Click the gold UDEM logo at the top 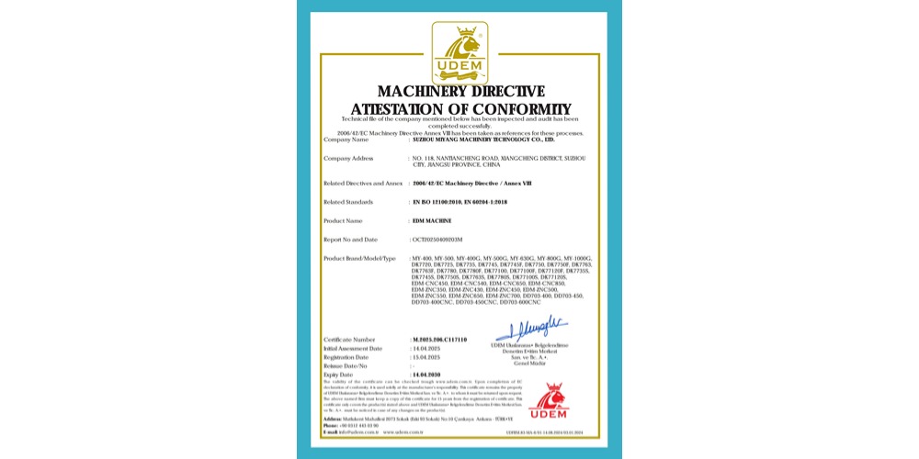pyautogui.click(x=459, y=52)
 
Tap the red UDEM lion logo pyautogui.click(x=549, y=402)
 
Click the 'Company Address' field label pyautogui.click(x=348, y=159)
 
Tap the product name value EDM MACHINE pyautogui.click(x=432, y=221)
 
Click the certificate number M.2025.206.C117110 pyautogui.click(x=440, y=340)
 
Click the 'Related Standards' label pyautogui.click(x=348, y=201)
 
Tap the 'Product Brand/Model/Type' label pyautogui.click(x=360, y=259)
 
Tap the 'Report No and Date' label pyautogui.click(x=352, y=240)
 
